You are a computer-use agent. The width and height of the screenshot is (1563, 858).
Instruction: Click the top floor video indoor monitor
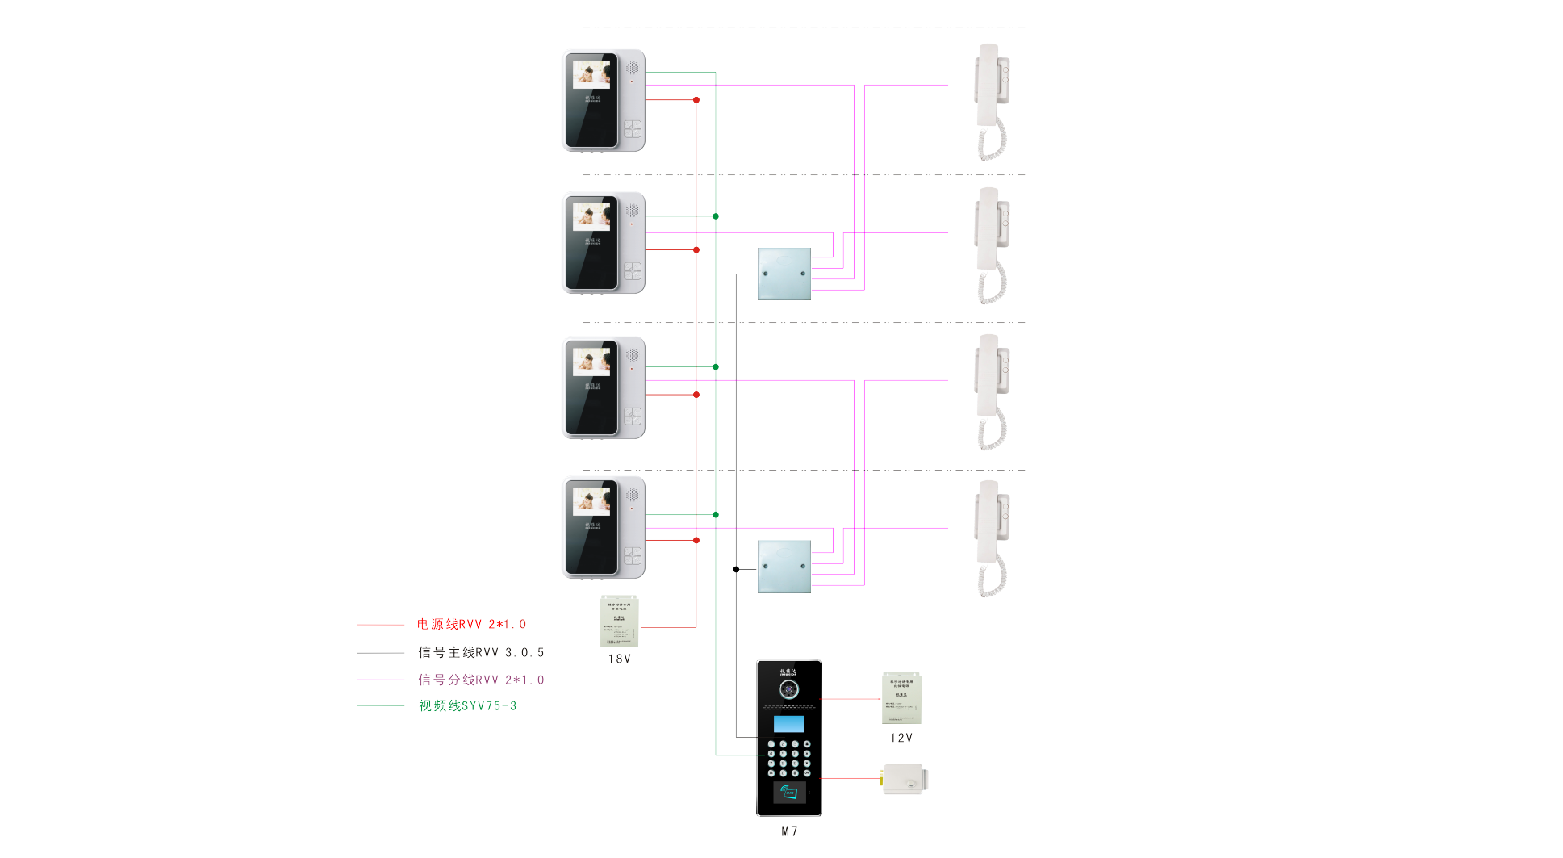pyautogui.click(x=603, y=101)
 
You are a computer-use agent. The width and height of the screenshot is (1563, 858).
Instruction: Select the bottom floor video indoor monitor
pyautogui.click(x=603, y=528)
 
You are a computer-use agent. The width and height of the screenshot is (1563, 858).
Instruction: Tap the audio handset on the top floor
pyautogui.click(x=992, y=101)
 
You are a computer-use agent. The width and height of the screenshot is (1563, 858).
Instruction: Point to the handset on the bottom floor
pyautogui.click(x=992, y=538)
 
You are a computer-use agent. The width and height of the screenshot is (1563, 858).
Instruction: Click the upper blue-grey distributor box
pyautogui.click(x=784, y=274)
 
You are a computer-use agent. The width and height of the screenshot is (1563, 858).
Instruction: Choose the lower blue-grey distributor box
pyautogui.click(x=784, y=567)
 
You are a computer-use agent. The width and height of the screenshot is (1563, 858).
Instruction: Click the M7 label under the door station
pyautogui.click(x=789, y=831)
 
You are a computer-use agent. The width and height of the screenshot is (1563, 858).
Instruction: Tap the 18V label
pyautogui.click(x=619, y=659)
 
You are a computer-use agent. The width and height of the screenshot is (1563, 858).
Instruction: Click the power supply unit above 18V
pyautogui.click(x=619, y=622)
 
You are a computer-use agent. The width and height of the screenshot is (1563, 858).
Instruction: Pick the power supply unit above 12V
pyautogui.click(x=901, y=698)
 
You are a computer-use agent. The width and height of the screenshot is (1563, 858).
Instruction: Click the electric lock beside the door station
pyautogui.click(x=905, y=780)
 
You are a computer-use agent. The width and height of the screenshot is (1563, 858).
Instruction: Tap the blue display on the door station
pyautogui.click(x=788, y=724)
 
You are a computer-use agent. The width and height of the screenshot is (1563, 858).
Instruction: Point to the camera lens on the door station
pyautogui.click(x=788, y=689)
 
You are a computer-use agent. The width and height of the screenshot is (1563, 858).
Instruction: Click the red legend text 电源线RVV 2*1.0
pyautogui.click(x=471, y=625)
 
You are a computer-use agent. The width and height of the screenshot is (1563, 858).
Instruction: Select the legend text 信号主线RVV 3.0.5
pyautogui.click(x=481, y=653)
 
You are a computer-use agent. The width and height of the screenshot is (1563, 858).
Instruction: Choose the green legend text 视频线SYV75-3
pyautogui.click(x=467, y=706)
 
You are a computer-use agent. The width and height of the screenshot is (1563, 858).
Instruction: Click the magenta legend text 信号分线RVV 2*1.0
pyautogui.click(x=481, y=680)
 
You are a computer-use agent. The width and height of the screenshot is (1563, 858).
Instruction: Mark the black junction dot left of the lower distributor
pyautogui.click(x=736, y=570)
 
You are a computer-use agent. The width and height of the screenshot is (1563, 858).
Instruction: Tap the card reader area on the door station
pyautogui.click(x=789, y=793)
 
